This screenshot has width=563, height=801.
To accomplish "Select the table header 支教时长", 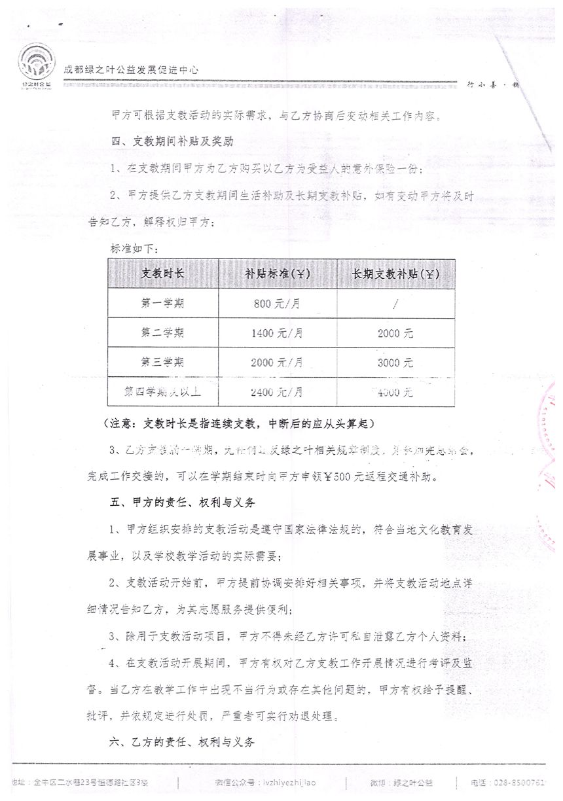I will coord(163,274).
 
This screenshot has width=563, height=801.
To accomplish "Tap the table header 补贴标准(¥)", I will coord(278,274).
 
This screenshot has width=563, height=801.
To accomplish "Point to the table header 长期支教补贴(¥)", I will coord(396,274).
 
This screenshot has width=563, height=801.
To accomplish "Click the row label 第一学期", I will coord(163,303).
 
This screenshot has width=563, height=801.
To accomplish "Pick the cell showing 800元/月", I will coord(278,304).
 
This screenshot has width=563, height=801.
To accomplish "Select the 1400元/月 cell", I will coord(278,333).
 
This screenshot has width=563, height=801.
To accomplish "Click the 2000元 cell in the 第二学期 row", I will coord(396,333).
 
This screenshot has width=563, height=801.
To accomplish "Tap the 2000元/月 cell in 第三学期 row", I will coord(278,363).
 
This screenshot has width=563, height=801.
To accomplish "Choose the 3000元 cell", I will coord(396,363).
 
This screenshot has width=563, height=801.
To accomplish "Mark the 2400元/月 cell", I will coord(278,393).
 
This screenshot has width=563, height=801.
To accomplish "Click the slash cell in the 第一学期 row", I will coord(396,304).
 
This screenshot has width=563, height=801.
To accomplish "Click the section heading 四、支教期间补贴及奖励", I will coord(170,141).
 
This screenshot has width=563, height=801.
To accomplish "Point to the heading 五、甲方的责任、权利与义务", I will coord(184,503).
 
